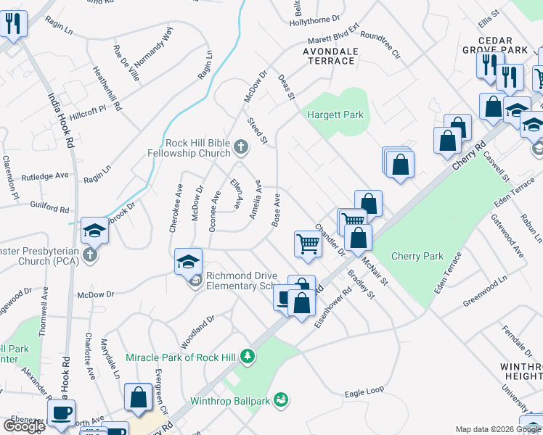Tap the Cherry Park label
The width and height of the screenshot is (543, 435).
[417, 256]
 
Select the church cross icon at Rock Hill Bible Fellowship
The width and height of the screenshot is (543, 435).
[242, 149]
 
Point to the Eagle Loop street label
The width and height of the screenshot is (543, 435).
[364, 392]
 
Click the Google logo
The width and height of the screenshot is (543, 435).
[23, 426]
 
